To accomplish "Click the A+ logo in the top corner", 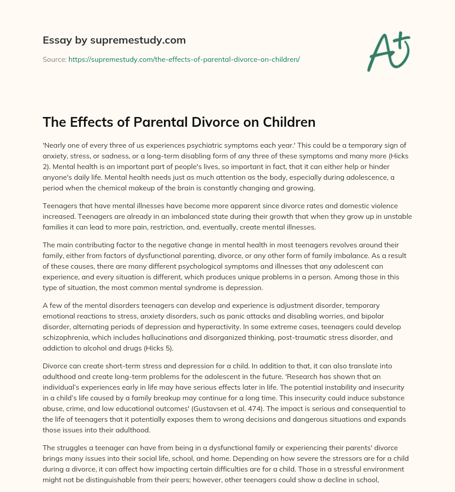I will point(388,52).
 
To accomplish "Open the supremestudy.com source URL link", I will point(184,59).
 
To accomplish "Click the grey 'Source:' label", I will point(54,59).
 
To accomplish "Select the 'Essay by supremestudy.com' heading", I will point(114,40).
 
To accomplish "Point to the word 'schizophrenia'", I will point(65,337).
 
